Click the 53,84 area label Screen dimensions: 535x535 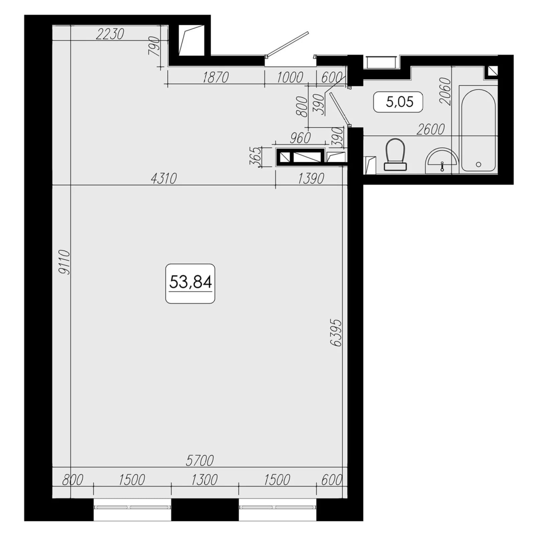190,282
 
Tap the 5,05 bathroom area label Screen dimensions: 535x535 399,101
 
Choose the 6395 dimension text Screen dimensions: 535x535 336,332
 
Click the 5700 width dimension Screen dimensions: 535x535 200,460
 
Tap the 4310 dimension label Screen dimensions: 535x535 164,179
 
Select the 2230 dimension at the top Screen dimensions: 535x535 110,34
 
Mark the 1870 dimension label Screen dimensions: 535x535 216,77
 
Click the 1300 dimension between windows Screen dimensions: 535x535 204,480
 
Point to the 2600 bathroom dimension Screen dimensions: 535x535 431,129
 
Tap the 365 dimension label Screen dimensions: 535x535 255,156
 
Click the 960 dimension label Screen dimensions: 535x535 300,138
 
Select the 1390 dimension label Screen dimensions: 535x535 311,179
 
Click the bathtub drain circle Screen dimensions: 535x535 478,165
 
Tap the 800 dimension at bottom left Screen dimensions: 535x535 73,480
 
